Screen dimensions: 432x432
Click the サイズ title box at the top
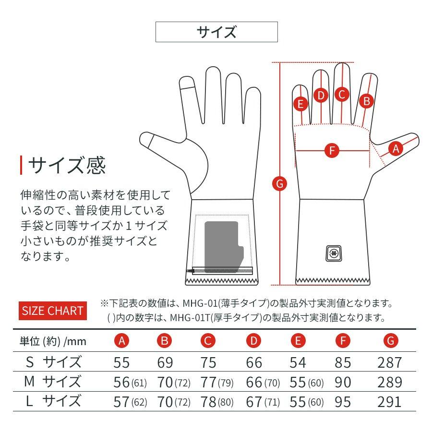pos(216,32)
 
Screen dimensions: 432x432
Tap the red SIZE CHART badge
pos(53,311)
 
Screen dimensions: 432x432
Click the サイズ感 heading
pos(67,165)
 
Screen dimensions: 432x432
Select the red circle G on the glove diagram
pos(279,183)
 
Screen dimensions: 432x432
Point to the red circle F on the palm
pos(331,150)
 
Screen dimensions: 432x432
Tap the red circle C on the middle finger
pos(341,95)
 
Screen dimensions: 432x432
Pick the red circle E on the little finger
pos(301,103)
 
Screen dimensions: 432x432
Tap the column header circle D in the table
pos(253,341)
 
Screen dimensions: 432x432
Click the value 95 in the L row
pos(343,401)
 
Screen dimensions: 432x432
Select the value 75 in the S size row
pos(208,362)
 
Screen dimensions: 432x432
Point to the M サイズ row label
pos(53,382)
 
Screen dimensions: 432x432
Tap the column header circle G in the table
pos(391,341)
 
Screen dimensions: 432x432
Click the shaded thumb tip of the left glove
pos(149,141)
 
